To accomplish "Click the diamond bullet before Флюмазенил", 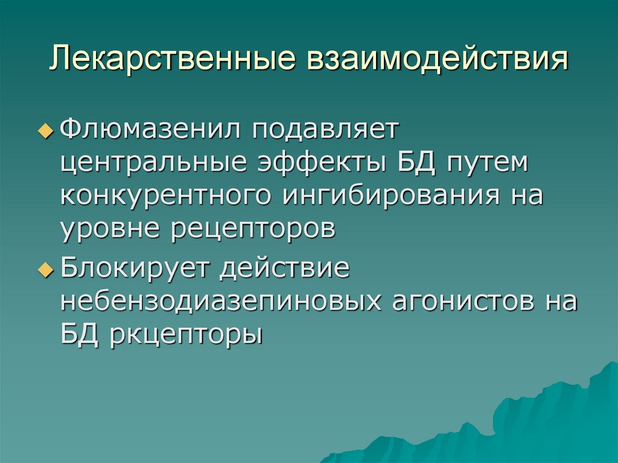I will [x=50, y=130].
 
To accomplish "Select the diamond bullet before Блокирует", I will [x=50, y=270].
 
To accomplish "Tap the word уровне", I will [x=110, y=231].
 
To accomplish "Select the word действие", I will [x=285, y=267].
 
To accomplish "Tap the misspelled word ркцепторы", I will [x=187, y=335].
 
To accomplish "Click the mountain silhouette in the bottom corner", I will [x=543, y=417].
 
